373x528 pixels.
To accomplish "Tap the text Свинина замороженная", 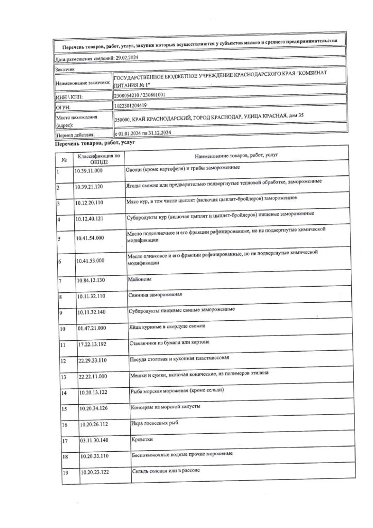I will (x=155, y=296).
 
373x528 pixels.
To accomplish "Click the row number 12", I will (x=64, y=361).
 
